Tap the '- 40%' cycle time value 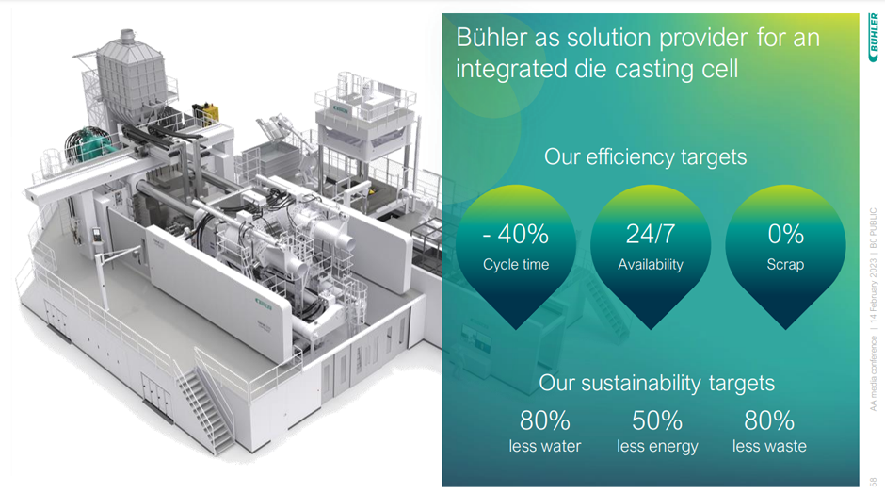pyautogui.click(x=515, y=234)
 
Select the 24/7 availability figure pyautogui.click(x=650, y=234)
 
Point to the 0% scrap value pyautogui.click(x=785, y=234)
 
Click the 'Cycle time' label pyautogui.click(x=515, y=265)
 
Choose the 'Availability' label pyautogui.click(x=650, y=265)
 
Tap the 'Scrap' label pyautogui.click(x=785, y=265)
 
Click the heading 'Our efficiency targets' pyautogui.click(x=645, y=156)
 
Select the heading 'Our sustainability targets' pyautogui.click(x=656, y=383)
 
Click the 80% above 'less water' pyautogui.click(x=544, y=420)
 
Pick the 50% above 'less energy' pyautogui.click(x=657, y=420)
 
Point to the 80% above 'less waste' pyautogui.click(x=769, y=420)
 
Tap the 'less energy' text pyautogui.click(x=657, y=446)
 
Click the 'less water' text pyautogui.click(x=544, y=446)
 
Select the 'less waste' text pyautogui.click(x=769, y=446)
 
